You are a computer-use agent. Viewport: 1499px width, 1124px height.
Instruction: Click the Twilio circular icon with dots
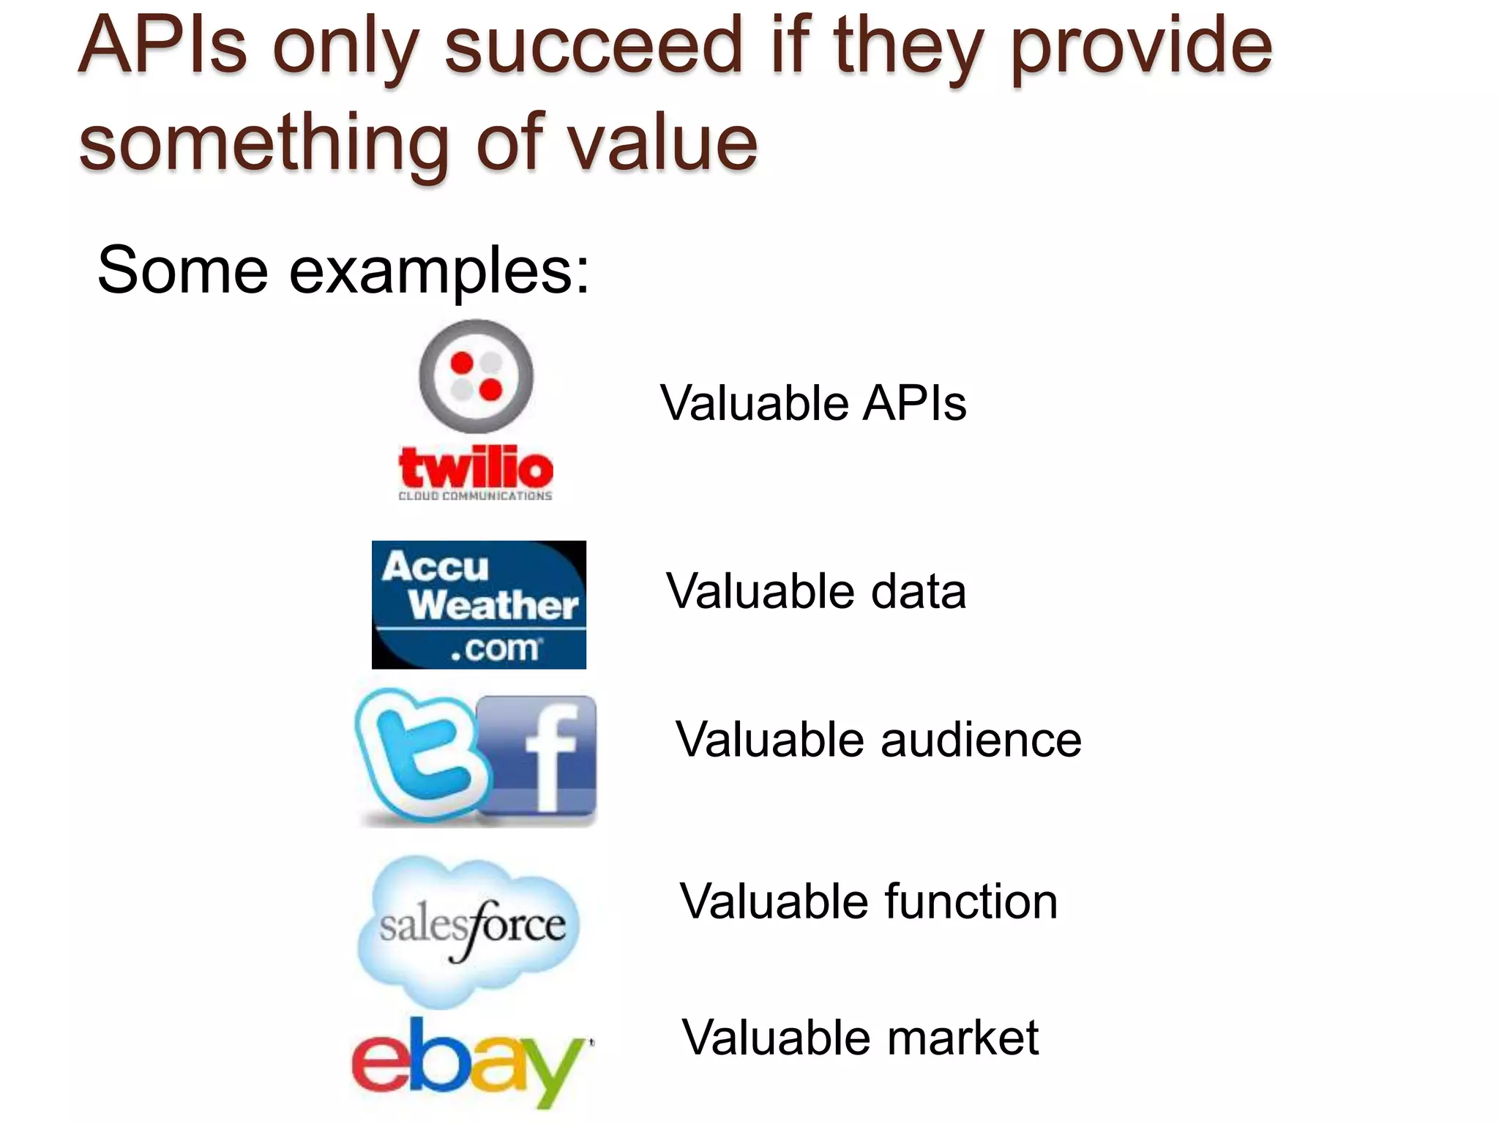coord(476,376)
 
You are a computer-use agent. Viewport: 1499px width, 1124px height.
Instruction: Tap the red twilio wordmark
coord(476,468)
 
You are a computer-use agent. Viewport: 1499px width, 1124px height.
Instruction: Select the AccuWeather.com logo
coord(479,604)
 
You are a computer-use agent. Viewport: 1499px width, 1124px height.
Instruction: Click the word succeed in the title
coord(594,48)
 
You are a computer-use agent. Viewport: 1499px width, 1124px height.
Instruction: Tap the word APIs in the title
coord(162,47)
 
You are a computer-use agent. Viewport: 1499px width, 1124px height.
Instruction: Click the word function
coord(971,902)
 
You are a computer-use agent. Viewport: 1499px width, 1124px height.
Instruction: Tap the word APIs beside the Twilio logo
coord(915,403)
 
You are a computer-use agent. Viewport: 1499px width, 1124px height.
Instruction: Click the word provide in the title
coord(1142,48)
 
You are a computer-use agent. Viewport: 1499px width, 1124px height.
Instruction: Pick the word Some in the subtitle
coord(183,271)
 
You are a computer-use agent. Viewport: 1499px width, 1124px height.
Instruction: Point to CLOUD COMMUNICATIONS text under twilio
coord(475,496)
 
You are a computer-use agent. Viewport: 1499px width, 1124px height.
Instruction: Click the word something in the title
coord(263,143)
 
